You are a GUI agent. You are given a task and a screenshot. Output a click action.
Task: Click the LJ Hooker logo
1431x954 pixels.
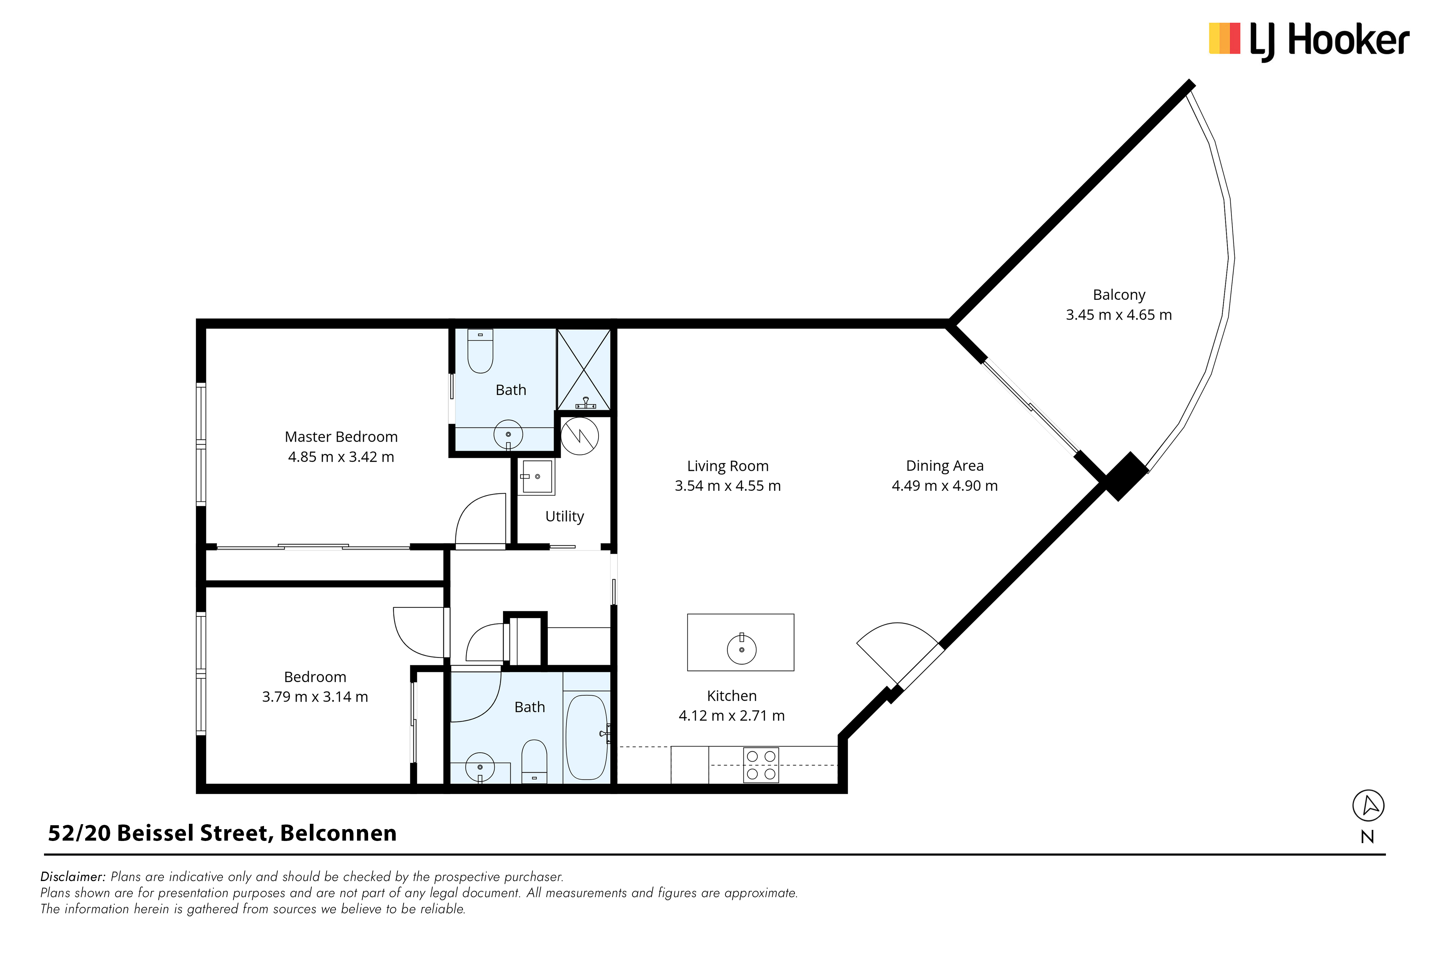pos(1309,40)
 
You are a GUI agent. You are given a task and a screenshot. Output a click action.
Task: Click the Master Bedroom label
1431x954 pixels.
pos(341,437)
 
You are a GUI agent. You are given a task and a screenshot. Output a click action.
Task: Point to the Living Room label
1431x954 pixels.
pos(728,466)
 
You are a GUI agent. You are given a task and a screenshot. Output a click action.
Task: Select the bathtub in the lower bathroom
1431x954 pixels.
pos(586,737)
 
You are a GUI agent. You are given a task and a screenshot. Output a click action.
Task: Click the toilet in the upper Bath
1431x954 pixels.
pos(480,351)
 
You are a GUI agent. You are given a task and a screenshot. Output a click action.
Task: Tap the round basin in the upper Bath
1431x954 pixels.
pos(508,434)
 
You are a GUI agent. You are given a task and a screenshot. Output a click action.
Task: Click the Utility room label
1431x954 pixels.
pos(565,517)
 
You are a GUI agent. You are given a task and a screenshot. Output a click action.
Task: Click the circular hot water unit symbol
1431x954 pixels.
pos(580,436)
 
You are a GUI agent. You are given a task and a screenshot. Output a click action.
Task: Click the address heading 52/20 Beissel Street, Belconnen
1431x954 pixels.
pos(222,833)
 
